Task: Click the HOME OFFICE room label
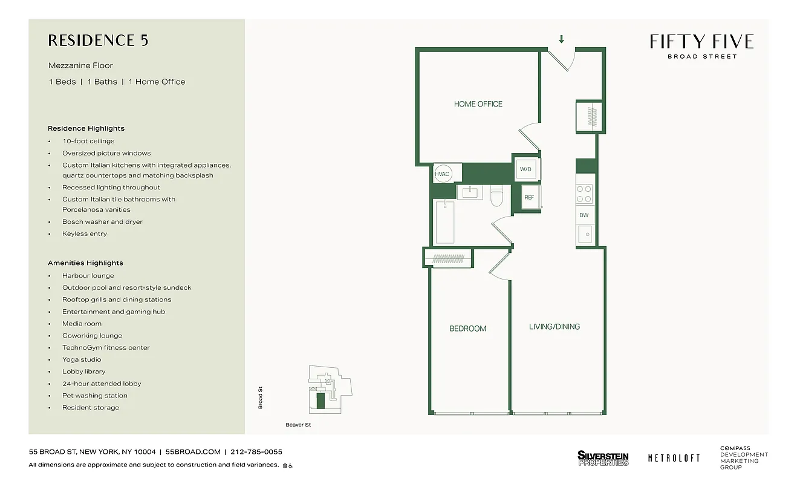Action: coord(478,104)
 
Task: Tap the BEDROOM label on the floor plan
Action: coord(467,329)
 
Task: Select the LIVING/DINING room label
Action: coord(554,327)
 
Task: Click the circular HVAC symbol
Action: coord(443,174)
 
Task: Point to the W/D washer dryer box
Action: coord(525,169)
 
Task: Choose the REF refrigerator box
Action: coord(529,197)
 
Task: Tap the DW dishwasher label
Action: coord(584,215)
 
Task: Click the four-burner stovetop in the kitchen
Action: coord(584,194)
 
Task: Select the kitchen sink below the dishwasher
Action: coord(584,234)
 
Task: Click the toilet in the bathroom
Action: coord(497,195)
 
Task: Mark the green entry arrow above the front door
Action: coord(562,40)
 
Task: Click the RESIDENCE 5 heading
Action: coord(98,41)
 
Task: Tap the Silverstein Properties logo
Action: coord(603,459)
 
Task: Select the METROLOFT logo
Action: coord(674,459)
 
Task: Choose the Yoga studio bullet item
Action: coord(82,359)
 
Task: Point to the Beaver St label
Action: coord(298,425)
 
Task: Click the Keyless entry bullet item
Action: coord(84,234)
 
